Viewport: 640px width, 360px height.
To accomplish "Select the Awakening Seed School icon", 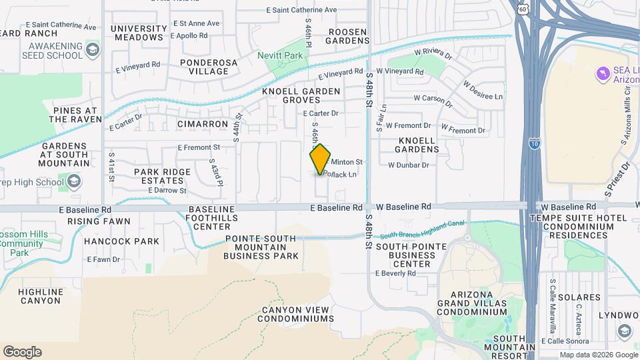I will click(x=93, y=50).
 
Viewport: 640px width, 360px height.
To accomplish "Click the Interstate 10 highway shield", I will click(x=533, y=142).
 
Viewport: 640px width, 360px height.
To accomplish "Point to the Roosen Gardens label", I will click(x=347, y=35).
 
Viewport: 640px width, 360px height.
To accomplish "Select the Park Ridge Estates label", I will click(x=162, y=176).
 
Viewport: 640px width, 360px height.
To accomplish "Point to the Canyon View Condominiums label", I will click(x=297, y=314).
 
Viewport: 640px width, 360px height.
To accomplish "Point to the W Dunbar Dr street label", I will click(x=408, y=165).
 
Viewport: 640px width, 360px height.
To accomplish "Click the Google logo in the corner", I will click(x=22, y=352).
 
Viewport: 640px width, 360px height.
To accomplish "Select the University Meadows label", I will click(x=139, y=33).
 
